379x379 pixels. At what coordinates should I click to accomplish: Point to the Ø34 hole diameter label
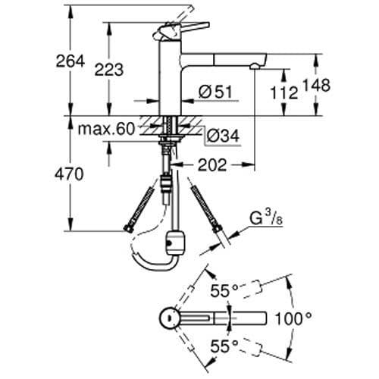[x=223, y=135]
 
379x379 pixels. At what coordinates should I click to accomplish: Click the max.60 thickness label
[x=106, y=129]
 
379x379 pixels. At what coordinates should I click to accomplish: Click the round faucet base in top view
[x=170, y=318]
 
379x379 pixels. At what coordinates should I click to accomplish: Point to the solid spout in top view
[x=227, y=317]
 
